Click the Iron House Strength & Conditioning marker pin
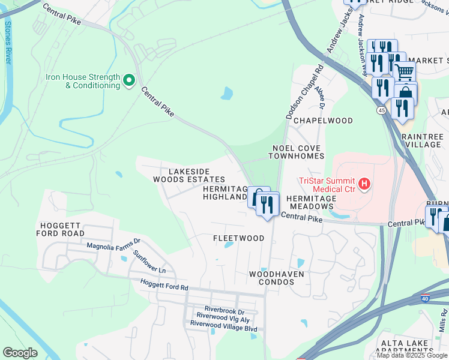pyautogui.click(x=128, y=80)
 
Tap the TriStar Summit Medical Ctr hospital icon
pyautogui.click(x=363, y=185)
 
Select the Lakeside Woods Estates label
pyautogui.click(x=188, y=175)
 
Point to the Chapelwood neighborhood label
pyautogui.click(x=323, y=120)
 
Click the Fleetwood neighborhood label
pyautogui.click(x=238, y=238)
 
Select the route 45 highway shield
pyautogui.click(x=382, y=110)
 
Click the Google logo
pyautogui.click(x=20, y=353)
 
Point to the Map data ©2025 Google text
pyautogui.click(x=412, y=355)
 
